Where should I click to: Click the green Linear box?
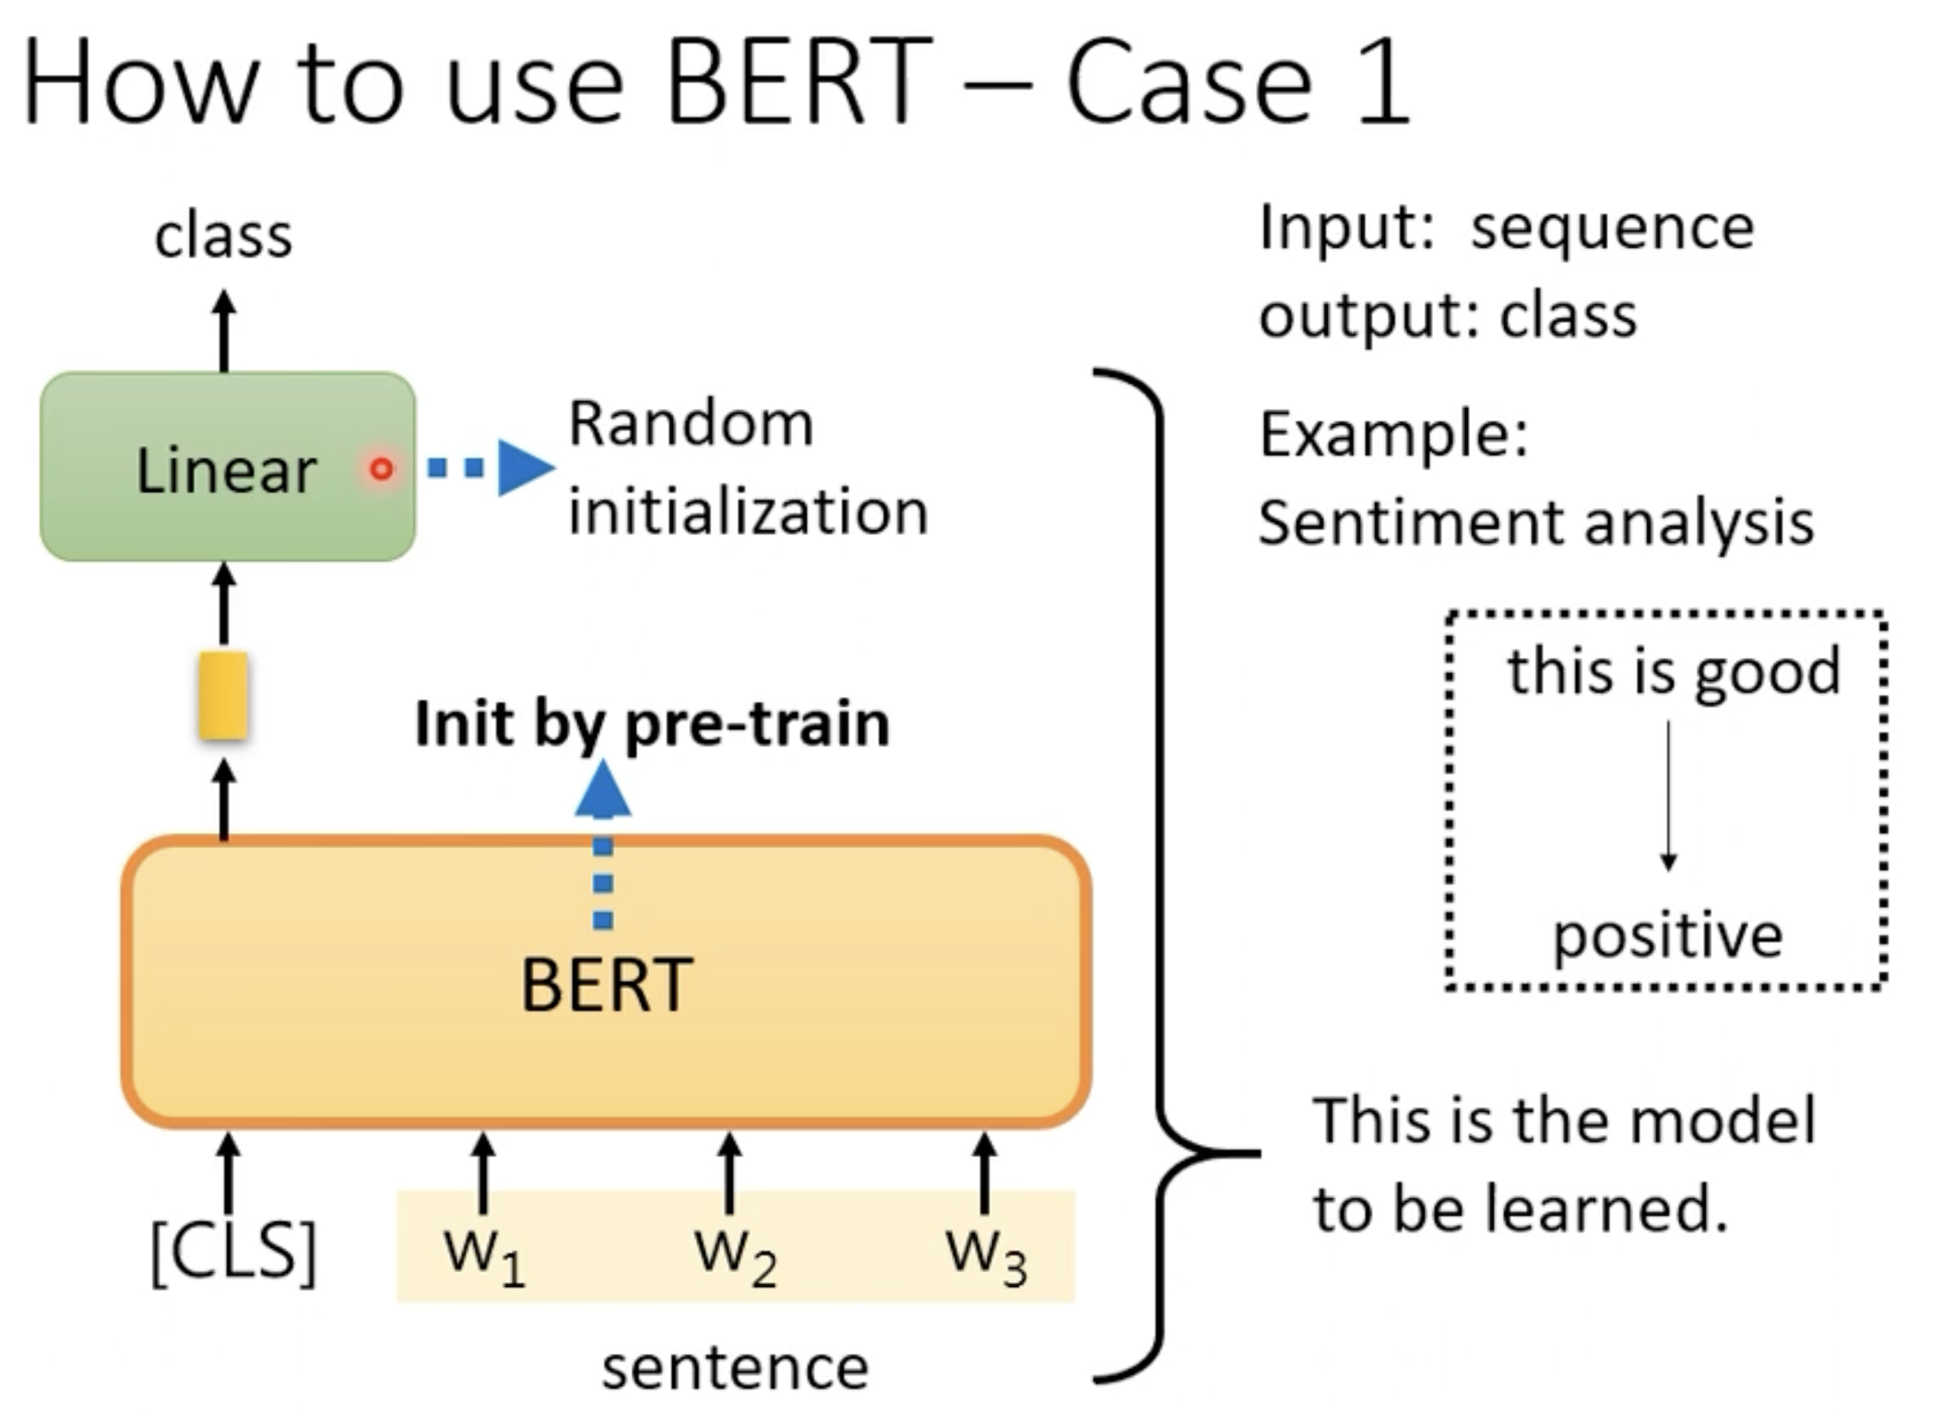(x=228, y=466)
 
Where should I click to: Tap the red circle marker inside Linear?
(x=381, y=469)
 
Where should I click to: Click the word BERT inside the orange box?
(x=606, y=984)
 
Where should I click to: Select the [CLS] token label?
(x=233, y=1251)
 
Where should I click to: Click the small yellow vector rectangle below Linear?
(x=223, y=696)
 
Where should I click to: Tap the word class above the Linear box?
(x=223, y=235)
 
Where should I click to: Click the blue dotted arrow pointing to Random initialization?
(x=491, y=468)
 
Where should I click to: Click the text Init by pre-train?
(x=652, y=725)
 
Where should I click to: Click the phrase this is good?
(x=1674, y=671)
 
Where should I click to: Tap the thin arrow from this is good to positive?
(x=1668, y=795)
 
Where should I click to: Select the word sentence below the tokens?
(x=735, y=1368)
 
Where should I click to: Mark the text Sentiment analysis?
(x=1536, y=524)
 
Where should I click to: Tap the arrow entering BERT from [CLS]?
(x=228, y=1172)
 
